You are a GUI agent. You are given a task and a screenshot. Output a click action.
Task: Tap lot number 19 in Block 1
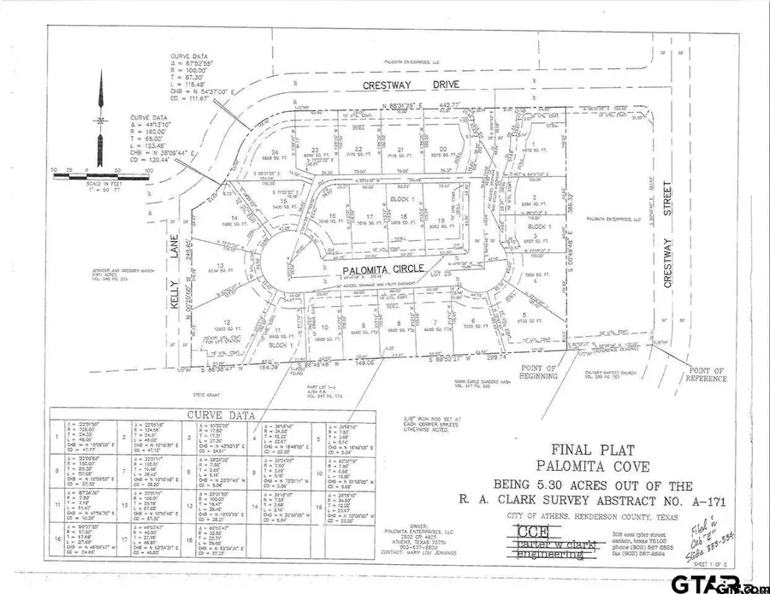click(x=441, y=221)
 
